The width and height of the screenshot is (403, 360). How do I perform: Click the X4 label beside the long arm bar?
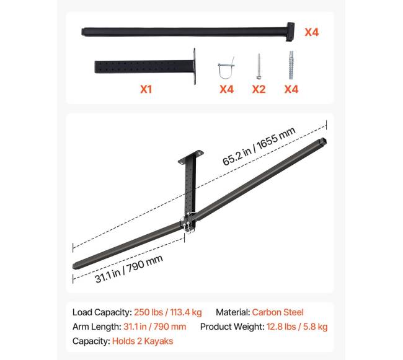[311, 32]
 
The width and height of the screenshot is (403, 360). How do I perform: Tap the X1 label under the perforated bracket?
[146, 89]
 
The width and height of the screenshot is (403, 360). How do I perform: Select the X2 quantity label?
[259, 89]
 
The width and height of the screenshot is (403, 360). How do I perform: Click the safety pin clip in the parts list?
[226, 68]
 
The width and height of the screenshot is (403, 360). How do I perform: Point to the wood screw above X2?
[259, 66]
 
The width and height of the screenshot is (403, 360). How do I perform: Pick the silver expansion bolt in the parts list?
[291, 65]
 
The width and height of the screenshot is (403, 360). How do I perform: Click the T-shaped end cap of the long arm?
[290, 32]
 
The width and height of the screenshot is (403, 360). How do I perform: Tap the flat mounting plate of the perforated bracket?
[194, 66]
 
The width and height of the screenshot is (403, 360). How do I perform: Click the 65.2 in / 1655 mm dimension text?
[259, 146]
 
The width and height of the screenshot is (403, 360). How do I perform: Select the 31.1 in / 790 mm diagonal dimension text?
[128, 268]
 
